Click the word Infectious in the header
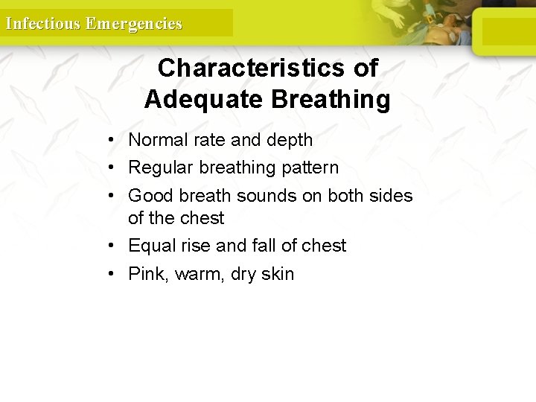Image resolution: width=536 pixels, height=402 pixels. click(x=42, y=23)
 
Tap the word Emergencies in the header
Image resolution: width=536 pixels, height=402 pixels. click(x=133, y=23)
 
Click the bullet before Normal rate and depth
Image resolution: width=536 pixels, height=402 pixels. click(x=109, y=140)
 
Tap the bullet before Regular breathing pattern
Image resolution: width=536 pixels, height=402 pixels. click(x=109, y=168)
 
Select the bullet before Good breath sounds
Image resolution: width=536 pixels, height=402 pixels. click(x=109, y=196)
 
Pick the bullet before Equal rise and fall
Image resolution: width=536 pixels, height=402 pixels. click(x=109, y=246)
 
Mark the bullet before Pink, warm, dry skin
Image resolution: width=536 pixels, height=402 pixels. click(x=109, y=274)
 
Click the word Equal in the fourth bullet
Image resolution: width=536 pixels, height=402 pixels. click(x=151, y=246)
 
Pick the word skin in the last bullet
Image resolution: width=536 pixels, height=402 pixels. click(x=278, y=274)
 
